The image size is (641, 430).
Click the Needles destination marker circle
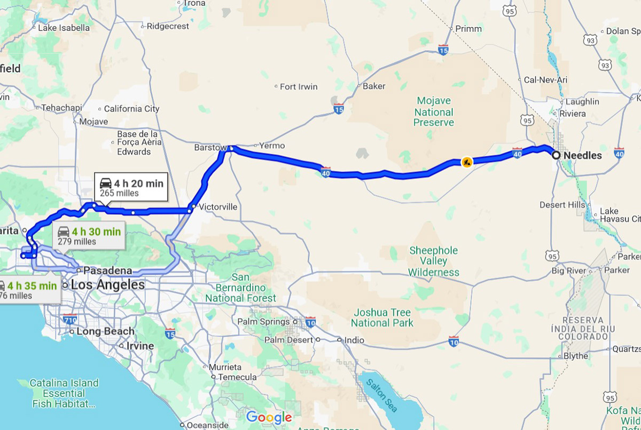pos(556,155)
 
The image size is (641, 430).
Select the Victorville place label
pos(218,206)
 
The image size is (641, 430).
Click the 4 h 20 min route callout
pos(131,187)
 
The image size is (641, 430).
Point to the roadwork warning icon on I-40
pos(467,162)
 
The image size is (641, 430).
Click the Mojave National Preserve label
pos(434,112)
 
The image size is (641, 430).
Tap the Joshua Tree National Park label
pos(381,317)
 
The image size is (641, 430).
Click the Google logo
pos(269,417)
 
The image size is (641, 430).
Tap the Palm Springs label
pos(262,322)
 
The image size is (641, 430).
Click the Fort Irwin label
pos(299,86)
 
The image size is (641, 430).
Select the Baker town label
pos(374,86)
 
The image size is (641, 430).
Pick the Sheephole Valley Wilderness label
pos(433,261)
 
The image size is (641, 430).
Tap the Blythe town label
pos(576,356)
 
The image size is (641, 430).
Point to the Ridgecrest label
pos(168,26)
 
